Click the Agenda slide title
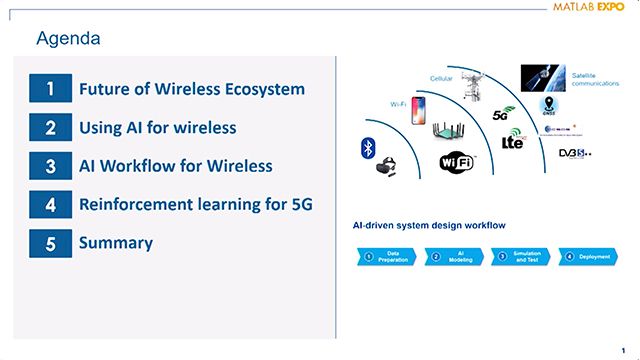67,39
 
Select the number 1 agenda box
50,89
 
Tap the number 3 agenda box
50,166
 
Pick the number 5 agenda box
50,243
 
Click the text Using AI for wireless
158,128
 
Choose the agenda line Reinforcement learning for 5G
196,205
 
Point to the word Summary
116,243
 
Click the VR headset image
384,168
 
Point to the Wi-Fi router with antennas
450,133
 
